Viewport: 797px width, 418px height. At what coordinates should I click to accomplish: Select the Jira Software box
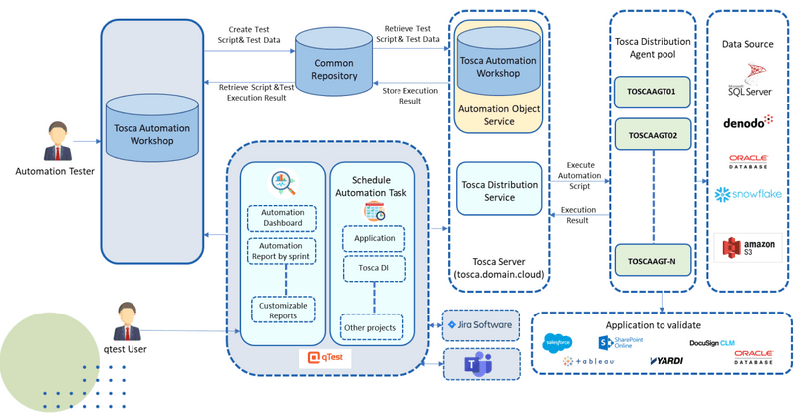[480, 325]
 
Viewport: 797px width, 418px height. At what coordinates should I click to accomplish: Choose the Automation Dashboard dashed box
[282, 218]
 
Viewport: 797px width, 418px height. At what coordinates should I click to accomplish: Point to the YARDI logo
[666, 360]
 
